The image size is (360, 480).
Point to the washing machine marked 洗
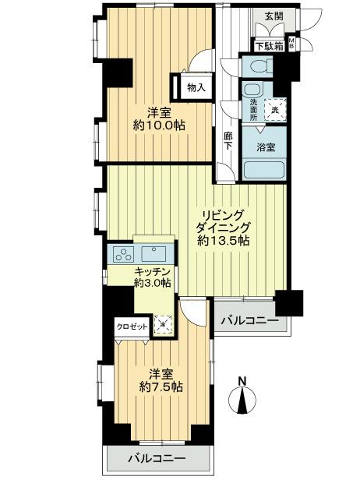pos(274,111)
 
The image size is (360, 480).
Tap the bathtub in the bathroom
pos(263,169)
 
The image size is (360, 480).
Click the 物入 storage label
pos(196,87)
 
